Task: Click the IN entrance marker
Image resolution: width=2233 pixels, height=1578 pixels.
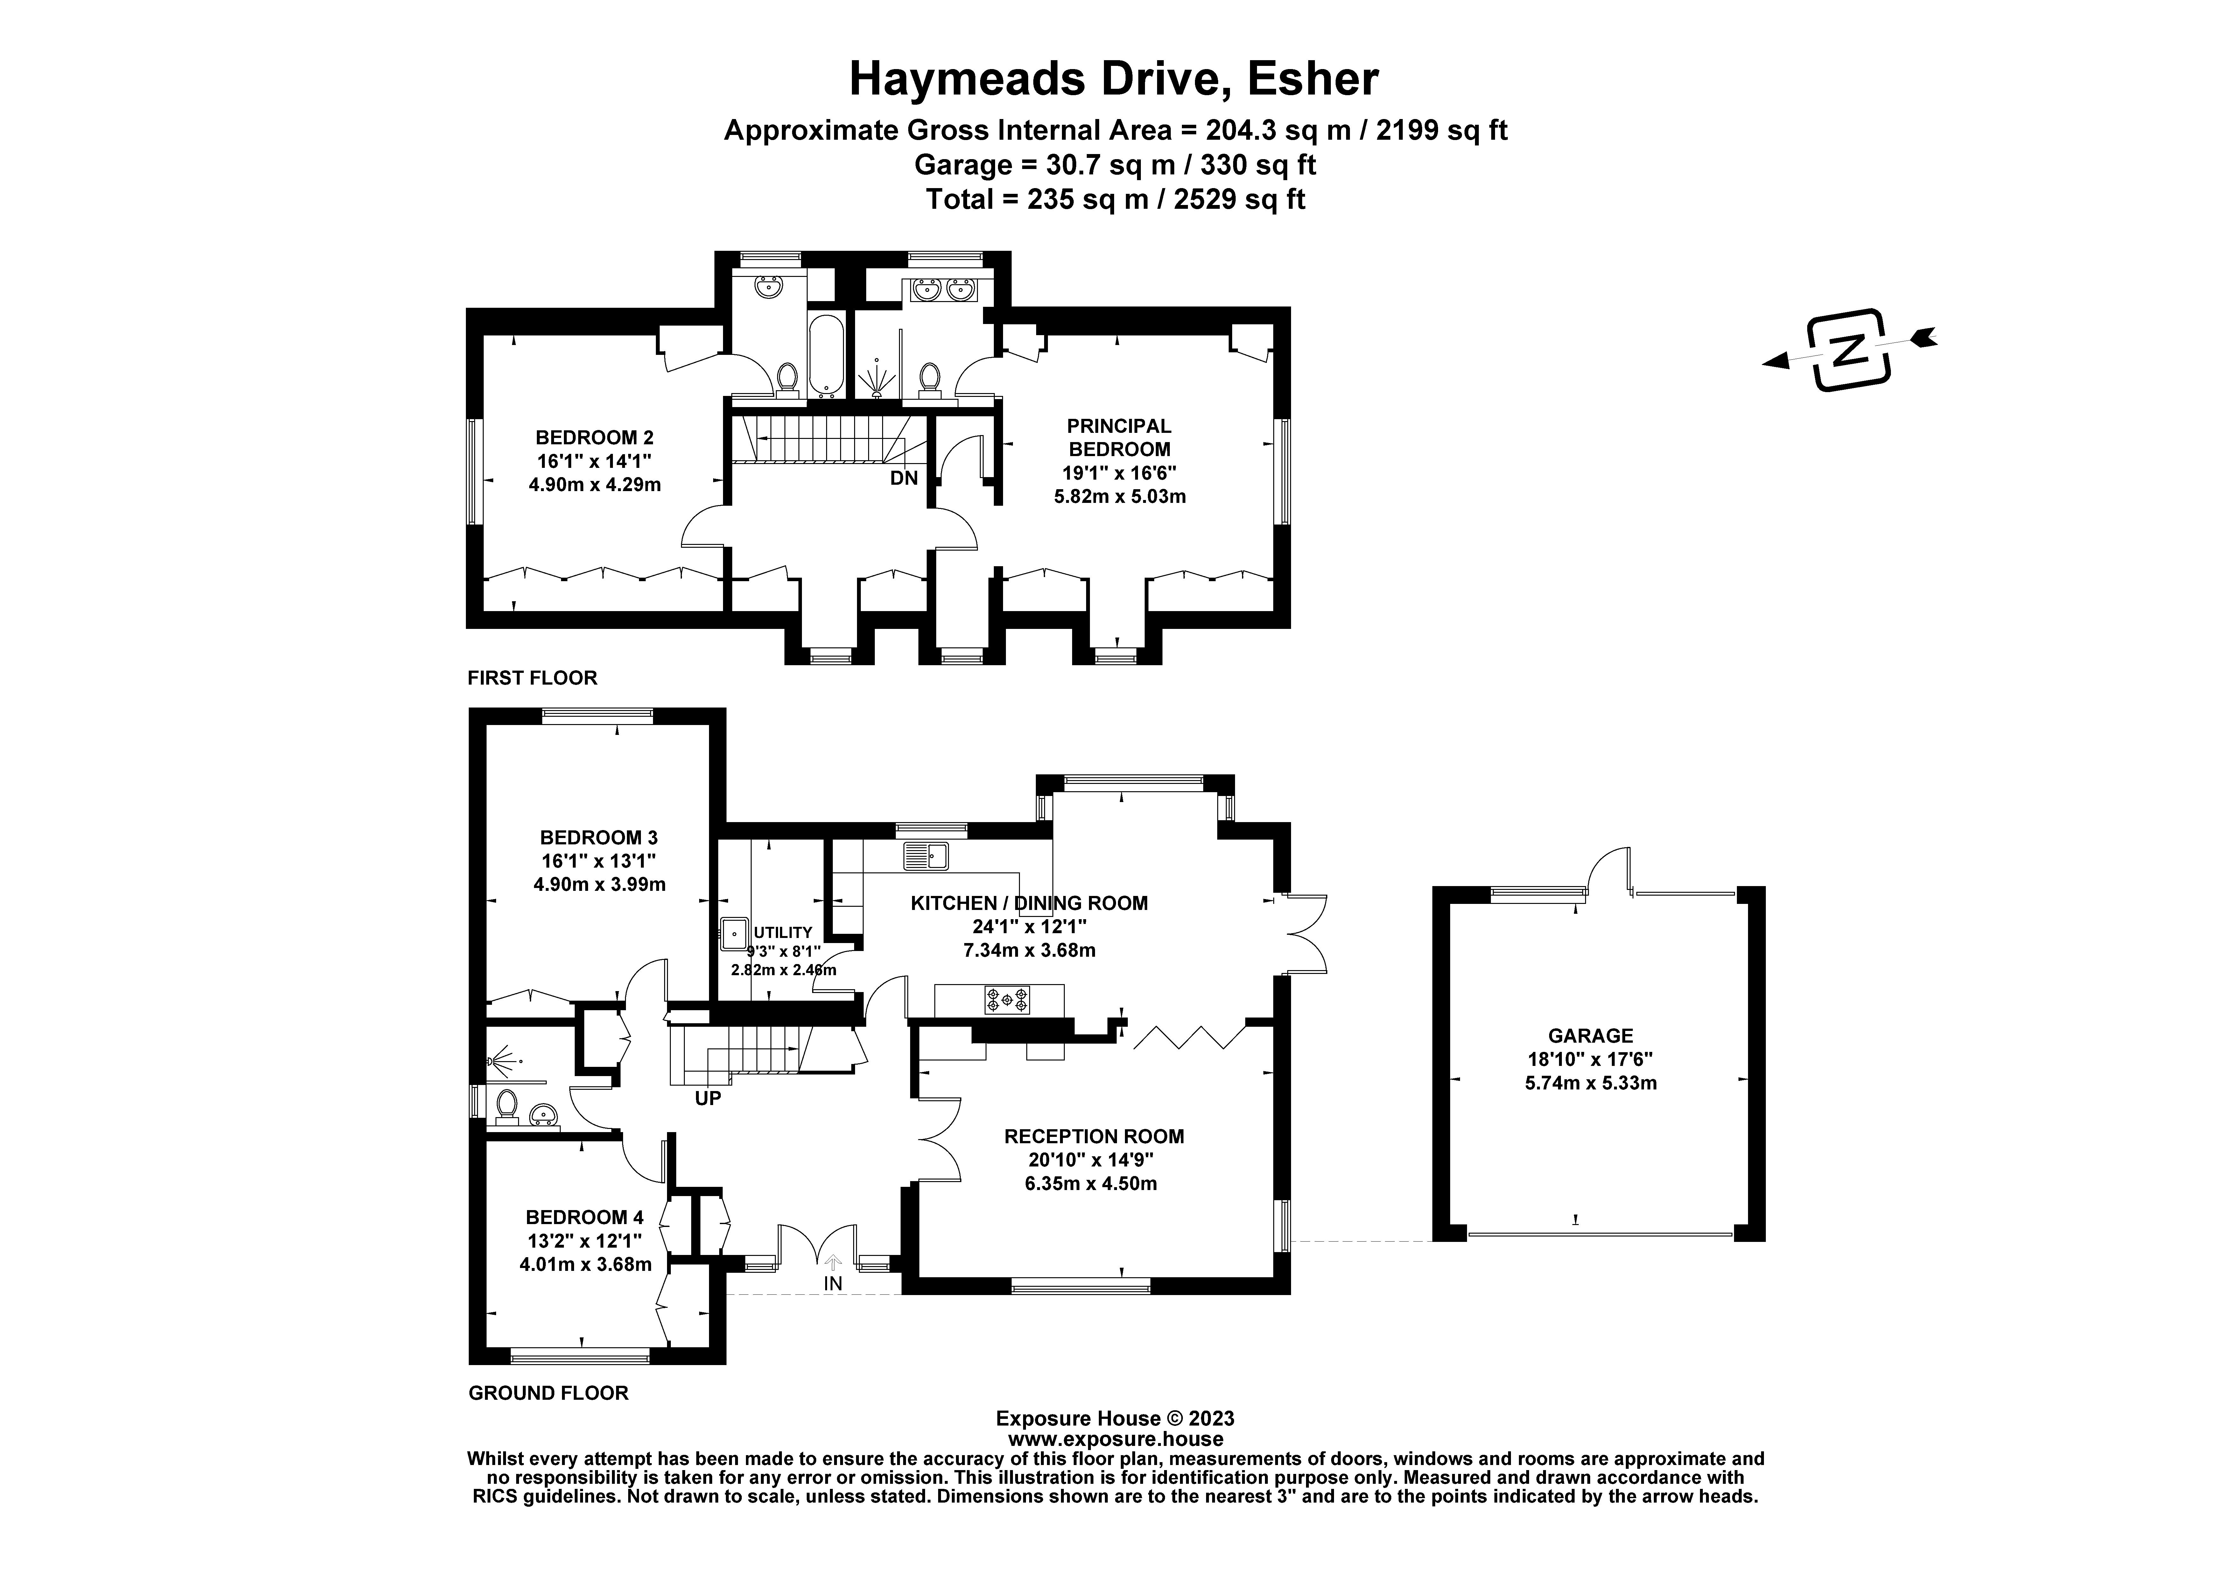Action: click(x=832, y=1283)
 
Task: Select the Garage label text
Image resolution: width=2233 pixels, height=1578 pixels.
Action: click(x=1590, y=1036)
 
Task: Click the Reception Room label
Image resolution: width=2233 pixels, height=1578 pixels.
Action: click(x=1094, y=1136)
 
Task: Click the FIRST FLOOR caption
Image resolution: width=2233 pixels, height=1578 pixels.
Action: click(x=532, y=678)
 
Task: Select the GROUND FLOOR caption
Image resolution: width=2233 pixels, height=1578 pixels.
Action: click(x=549, y=1393)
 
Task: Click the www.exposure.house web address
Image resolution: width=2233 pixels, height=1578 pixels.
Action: click(x=1115, y=1439)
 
